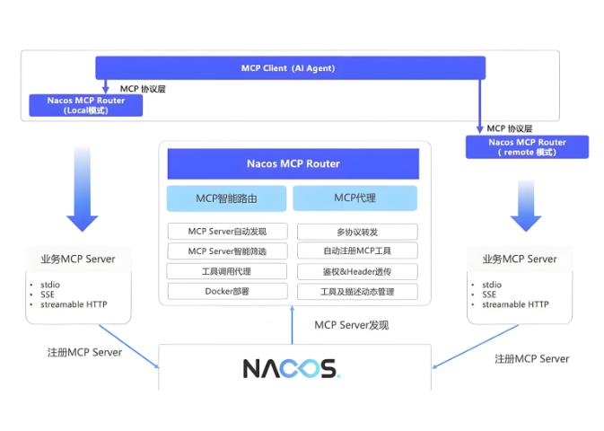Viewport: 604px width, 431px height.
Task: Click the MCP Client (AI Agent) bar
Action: tap(291, 68)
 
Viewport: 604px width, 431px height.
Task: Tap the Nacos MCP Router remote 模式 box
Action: tap(527, 146)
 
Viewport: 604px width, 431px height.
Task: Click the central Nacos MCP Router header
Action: tap(293, 163)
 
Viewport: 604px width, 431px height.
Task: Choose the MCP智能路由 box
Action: tap(227, 198)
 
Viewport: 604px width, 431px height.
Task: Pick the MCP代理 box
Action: tap(355, 198)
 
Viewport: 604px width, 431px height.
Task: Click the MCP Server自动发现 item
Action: tap(227, 231)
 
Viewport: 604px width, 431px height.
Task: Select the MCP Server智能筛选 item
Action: tap(227, 251)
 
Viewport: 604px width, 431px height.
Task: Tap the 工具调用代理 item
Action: tap(227, 271)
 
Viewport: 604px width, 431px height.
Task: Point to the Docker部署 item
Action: tap(227, 291)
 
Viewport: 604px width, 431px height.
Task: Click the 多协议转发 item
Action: tap(356, 232)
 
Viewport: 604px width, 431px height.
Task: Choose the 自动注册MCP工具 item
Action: tap(356, 251)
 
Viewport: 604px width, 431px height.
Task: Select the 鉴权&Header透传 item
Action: tap(356, 271)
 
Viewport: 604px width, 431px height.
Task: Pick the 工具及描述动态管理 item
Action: tap(356, 292)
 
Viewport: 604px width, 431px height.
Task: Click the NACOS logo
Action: tap(291, 368)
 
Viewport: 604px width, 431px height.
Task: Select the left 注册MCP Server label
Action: tap(84, 352)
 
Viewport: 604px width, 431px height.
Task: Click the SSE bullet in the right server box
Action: tap(489, 295)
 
